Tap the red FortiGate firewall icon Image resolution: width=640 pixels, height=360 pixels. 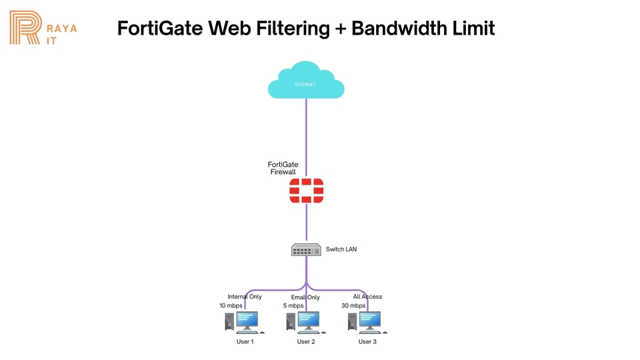click(x=306, y=191)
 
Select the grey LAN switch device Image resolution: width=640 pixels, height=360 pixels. click(x=306, y=249)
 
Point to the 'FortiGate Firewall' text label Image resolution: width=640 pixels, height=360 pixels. click(x=283, y=168)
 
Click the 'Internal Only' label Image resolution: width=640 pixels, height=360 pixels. click(x=245, y=297)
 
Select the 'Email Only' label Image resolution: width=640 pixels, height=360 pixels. click(x=305, y=297)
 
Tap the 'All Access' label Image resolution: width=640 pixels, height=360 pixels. click(x=367, y=297)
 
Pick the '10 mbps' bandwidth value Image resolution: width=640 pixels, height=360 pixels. click(x=231, y=306)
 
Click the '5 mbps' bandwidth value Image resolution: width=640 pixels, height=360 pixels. click(x=293, y=306)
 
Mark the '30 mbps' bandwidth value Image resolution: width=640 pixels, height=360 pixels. click(x=353, y=306)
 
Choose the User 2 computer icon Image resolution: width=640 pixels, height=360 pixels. click(x=306, y=322)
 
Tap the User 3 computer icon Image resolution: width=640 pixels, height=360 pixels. click(x=367, y=322)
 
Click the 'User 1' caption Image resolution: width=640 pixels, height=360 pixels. click(x=245, y=342)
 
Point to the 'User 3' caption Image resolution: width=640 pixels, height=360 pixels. click(x=367, y=342)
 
